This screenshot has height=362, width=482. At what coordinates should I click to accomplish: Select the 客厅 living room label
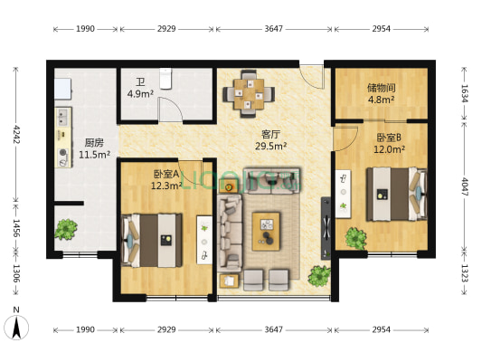tap(270, 133)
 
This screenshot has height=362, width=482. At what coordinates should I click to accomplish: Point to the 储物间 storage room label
tap(381, 88)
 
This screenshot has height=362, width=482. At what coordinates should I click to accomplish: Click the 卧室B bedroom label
tap(391, 138)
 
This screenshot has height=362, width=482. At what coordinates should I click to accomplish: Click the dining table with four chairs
tap(247, 91)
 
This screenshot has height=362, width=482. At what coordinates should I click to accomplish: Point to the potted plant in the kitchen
tap(65, 229)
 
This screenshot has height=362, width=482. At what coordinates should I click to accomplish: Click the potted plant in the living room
tap(319, 274)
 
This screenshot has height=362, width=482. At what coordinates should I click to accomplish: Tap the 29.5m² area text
tap(271, 145)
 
